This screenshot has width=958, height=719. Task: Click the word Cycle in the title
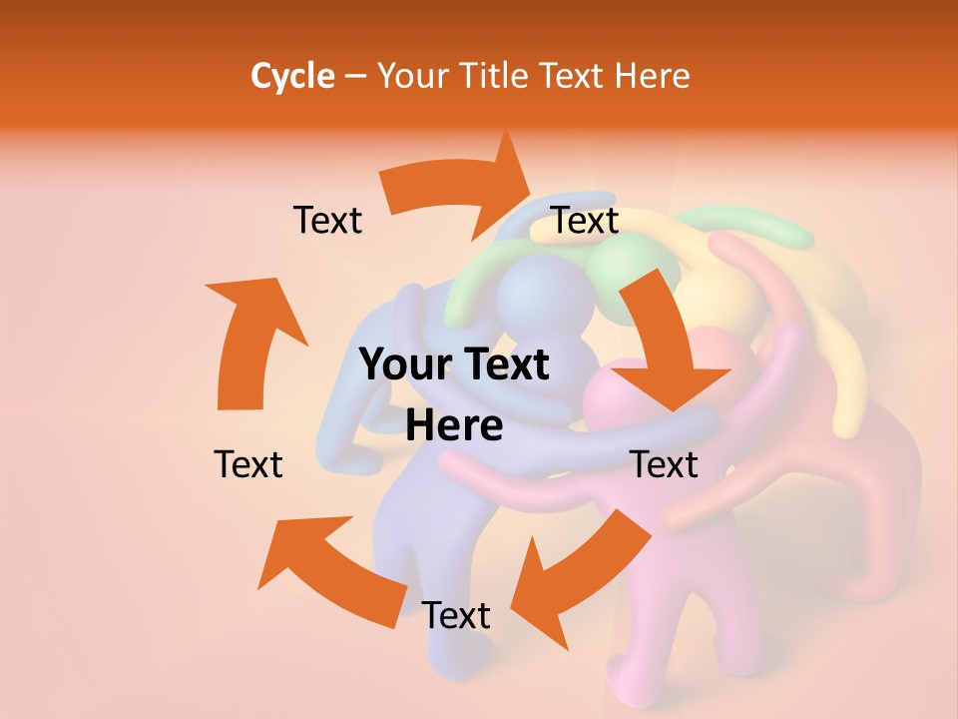[292, 76]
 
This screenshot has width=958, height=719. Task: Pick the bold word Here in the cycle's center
[454, 426]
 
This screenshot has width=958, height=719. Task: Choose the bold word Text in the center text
[504, 365]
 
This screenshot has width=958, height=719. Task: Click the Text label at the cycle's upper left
[327, 221]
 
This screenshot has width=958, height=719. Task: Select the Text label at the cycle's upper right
[585, 221]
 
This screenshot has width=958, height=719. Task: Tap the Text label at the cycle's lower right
[664, 464]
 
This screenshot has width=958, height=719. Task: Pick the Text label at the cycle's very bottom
[456, 616]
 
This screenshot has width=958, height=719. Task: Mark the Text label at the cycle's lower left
[248, 464]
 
